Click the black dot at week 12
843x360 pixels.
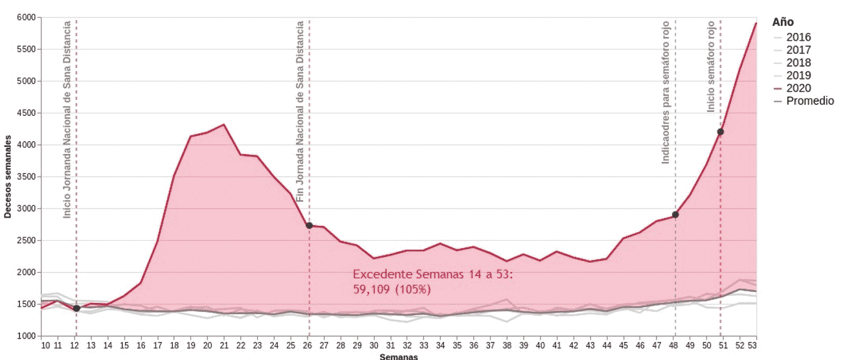pyautogui.click(x=76, y=308)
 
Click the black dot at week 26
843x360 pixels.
pyautogui.click(x=309, y=225)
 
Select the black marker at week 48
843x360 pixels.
pyautogui.click(x=675, y=214)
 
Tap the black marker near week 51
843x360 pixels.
pyautogui.click(x=720, y=132)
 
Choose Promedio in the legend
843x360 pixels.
pyautogui.click(x=809, y=101)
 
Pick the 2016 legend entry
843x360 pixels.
pyautogui.click(x=798, y=38)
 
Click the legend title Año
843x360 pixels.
pyautogui.click(x=783, y=22)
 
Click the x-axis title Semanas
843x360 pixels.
pyautogui.click(x=398, y=356)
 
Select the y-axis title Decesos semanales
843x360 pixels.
pyautogui.click(x=8, y=177)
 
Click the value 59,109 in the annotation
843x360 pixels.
pyautogui.click(x=371, y=289)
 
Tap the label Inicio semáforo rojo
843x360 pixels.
pyautogui.click(x=711, y=67)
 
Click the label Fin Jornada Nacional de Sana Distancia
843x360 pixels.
pyautogui.click(x=300, y=111)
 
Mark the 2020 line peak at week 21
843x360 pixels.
pyautogui.click(x=223, y=124)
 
